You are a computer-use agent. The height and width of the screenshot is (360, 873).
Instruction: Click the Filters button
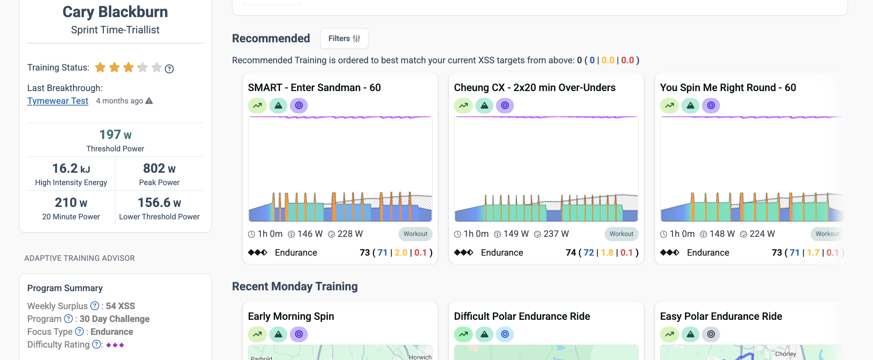[x=344, y=38]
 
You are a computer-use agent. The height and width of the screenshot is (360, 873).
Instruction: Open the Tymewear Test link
[x=58, y=101]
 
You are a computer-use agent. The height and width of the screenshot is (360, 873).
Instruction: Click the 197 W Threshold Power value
[x=115, y=135]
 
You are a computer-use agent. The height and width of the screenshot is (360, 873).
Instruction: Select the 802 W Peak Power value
[x=159, y=168]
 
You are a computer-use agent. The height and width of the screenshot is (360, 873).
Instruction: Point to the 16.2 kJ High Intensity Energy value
[x=71, y=168]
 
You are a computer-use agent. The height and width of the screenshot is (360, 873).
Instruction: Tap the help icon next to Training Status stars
[x=169, y=69]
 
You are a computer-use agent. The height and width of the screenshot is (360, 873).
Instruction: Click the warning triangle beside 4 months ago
[x=149, y=101]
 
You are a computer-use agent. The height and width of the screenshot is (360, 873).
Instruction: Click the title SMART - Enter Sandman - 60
[x=314, y=88]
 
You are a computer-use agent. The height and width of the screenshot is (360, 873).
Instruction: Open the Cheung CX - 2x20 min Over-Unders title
[x=535, y=88]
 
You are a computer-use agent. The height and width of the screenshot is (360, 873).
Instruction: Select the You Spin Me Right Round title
[x=728, y=88]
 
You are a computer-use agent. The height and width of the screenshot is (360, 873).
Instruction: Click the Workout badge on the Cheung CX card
[x=622, y=234]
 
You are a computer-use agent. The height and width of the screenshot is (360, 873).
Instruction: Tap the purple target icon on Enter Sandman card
[x=299, y=105]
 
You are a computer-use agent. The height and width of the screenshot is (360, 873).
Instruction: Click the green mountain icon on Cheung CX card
[x=484, y=105]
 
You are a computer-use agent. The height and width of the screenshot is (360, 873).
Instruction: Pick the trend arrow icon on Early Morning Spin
[x=257, y=334]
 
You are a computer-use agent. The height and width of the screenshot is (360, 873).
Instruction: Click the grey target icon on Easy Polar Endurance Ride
[x=711, y=334]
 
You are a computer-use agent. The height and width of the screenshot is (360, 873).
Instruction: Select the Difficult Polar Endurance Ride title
[x=522, y=316]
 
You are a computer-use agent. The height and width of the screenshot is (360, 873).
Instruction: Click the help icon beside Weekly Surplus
[x=94, y=306]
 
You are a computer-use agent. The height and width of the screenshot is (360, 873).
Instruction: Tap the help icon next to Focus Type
[x=80, y=331]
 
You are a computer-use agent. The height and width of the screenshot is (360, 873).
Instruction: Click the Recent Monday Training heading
[x=295, y=286]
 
